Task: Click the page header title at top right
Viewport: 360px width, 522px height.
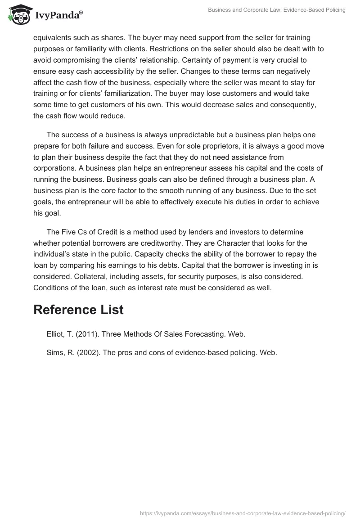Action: (x=276, y=10)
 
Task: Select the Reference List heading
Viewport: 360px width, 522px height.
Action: (x=78, y=310)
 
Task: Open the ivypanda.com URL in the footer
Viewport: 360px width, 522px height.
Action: (x=243, y=513)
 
